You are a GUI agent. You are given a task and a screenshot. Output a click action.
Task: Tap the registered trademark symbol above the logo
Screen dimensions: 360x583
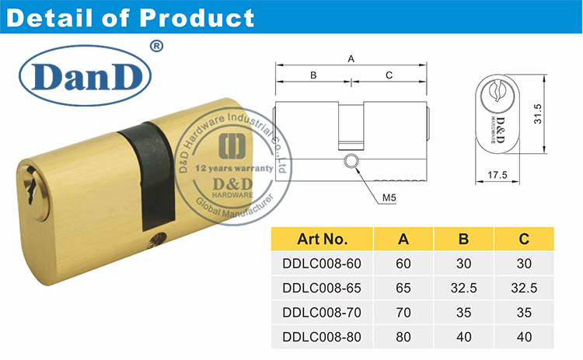[156, 47]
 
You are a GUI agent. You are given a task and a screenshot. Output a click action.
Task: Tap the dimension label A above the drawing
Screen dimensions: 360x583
[351, 59]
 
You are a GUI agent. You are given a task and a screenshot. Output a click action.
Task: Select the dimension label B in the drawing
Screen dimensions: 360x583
[312, 75]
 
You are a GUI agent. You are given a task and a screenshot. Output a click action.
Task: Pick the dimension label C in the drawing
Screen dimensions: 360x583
[389, 75]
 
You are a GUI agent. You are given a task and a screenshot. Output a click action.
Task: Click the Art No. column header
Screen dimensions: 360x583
[322, 239]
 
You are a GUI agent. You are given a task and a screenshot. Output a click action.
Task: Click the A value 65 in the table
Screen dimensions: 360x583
[403, 288]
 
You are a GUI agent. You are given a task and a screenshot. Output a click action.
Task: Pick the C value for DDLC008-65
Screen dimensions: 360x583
[524, 288]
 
